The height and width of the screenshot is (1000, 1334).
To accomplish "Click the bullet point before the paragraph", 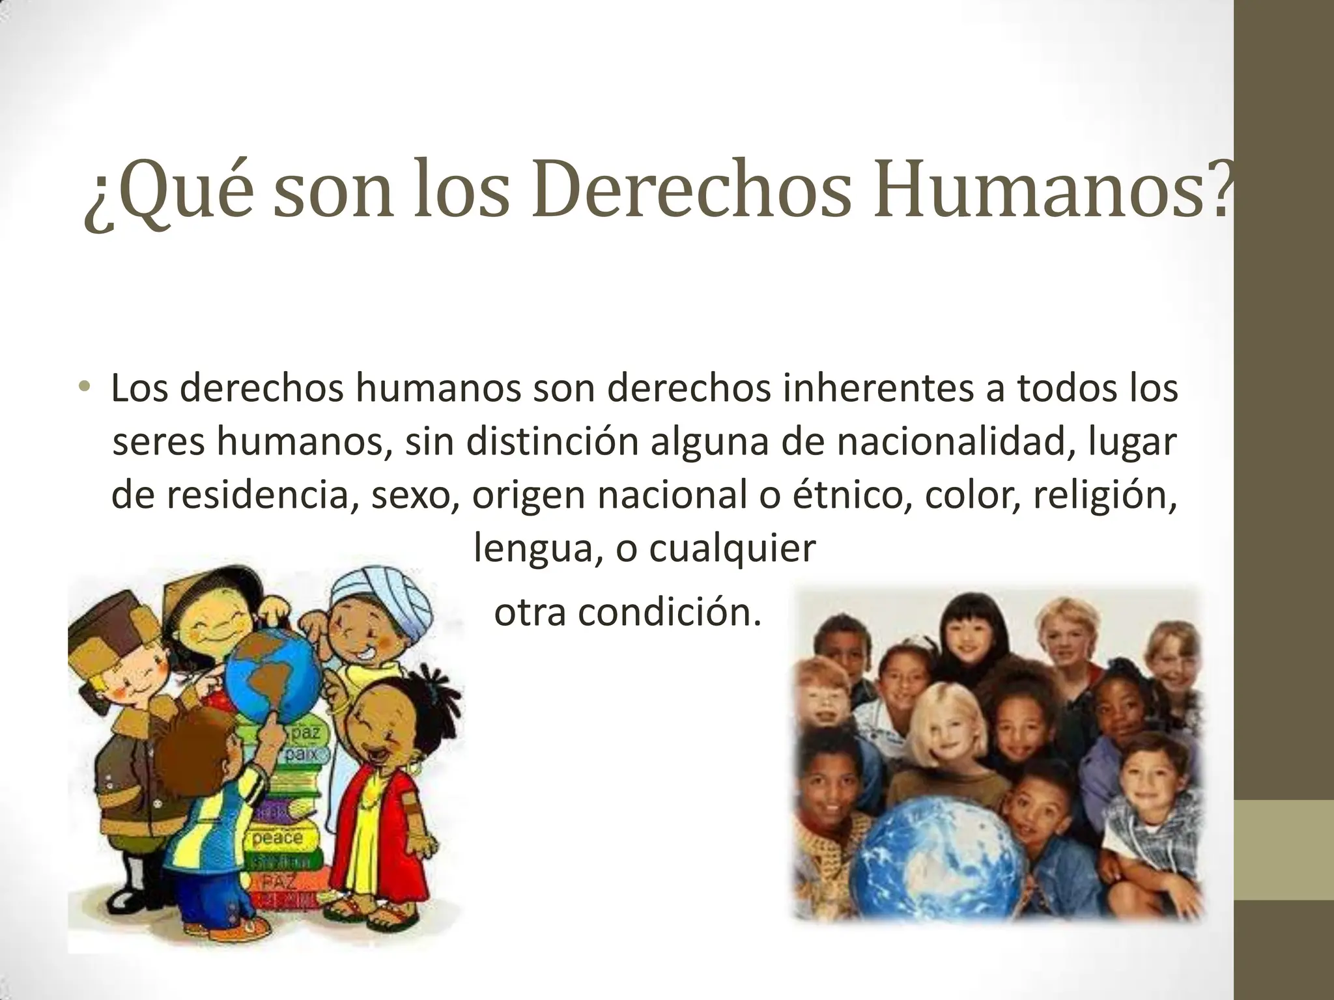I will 83,388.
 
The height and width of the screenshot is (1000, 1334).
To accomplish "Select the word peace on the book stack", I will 277,837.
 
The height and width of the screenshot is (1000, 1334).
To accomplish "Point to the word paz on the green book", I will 305,733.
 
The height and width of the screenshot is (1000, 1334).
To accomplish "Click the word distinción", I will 521,441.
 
